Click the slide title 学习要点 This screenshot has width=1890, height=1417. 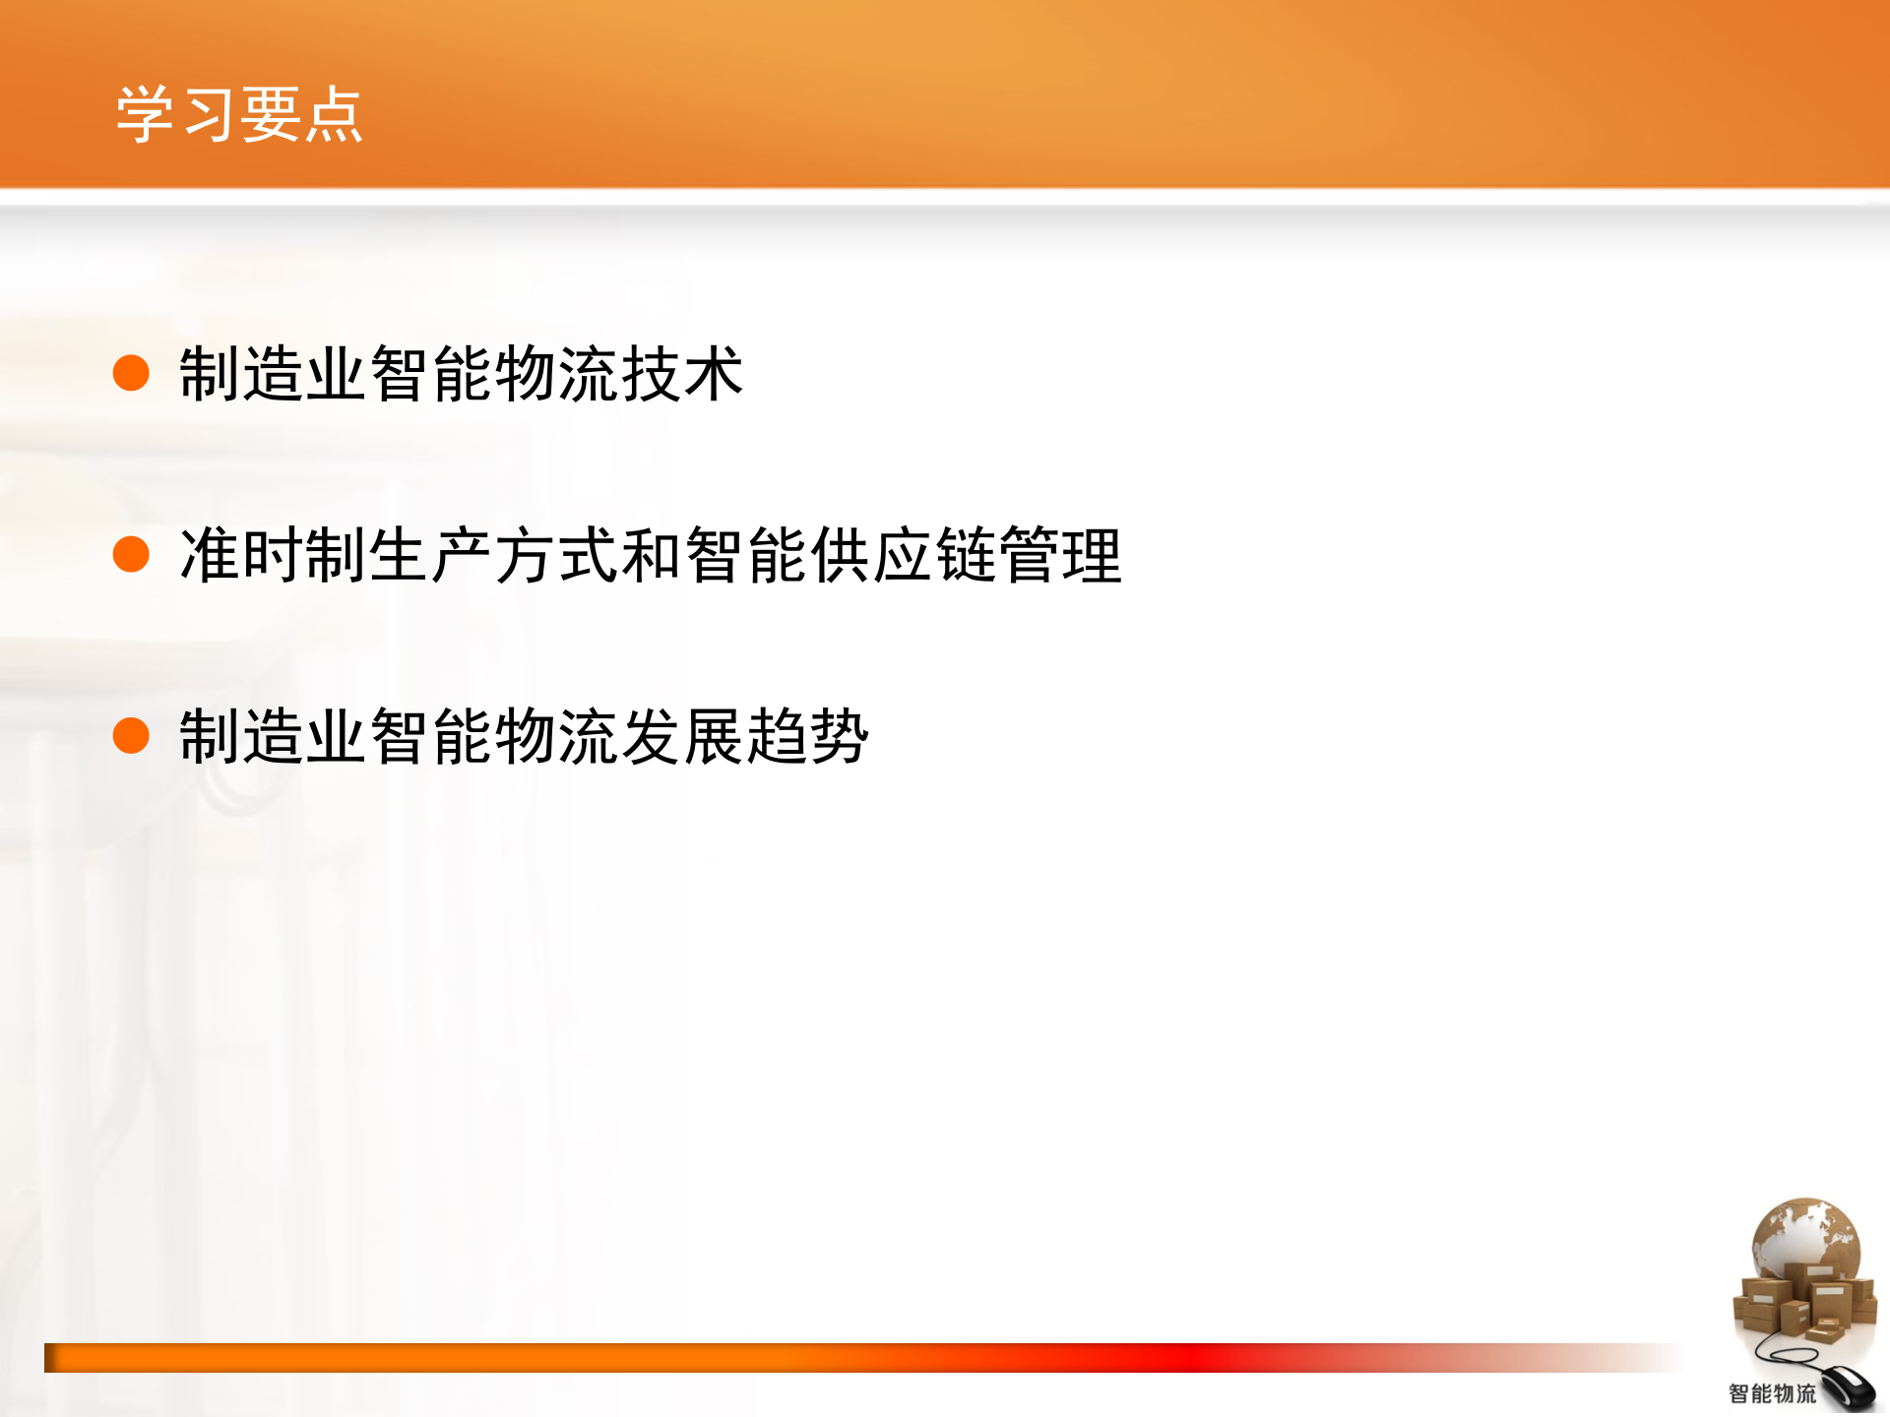(x=239, y=115)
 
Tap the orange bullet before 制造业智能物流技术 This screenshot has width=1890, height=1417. (x=131, y=373)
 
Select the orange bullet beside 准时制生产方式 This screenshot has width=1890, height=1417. (x=131, y=554)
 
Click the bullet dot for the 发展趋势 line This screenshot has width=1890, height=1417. (x=131, y=735)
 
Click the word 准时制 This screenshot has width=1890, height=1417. (x=274, y=555)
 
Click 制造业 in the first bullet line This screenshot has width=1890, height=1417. (x=274, y=374)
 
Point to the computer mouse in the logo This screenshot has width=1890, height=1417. (x=1845, y=1387)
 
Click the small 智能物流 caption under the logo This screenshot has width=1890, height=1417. (x=1772, y=1393)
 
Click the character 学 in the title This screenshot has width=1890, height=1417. (x=146, y=115)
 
